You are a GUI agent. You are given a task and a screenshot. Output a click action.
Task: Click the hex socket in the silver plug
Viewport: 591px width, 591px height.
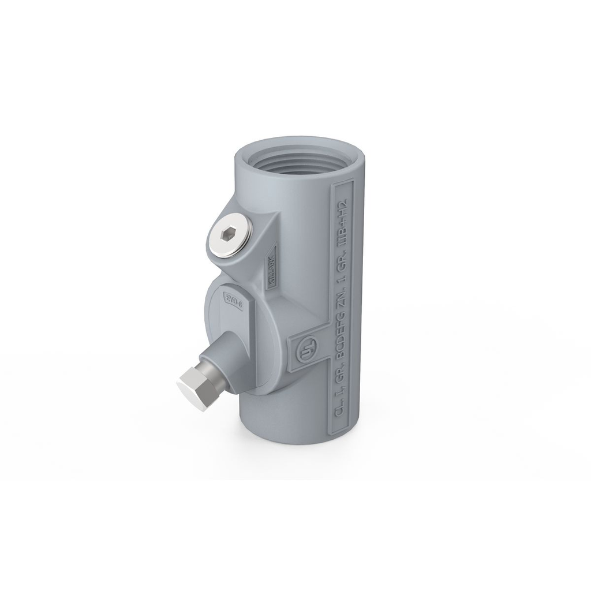tap(230, 234)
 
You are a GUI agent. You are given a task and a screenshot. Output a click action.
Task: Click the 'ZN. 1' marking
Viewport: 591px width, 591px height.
tap(341, 278)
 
